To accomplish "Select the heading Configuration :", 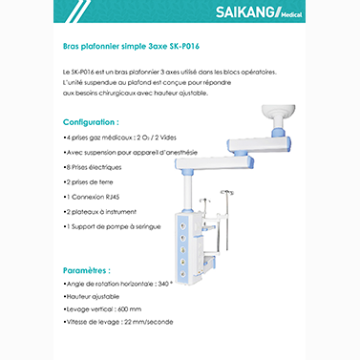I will tap(91, 123).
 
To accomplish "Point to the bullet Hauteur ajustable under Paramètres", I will tap(95, 295).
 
